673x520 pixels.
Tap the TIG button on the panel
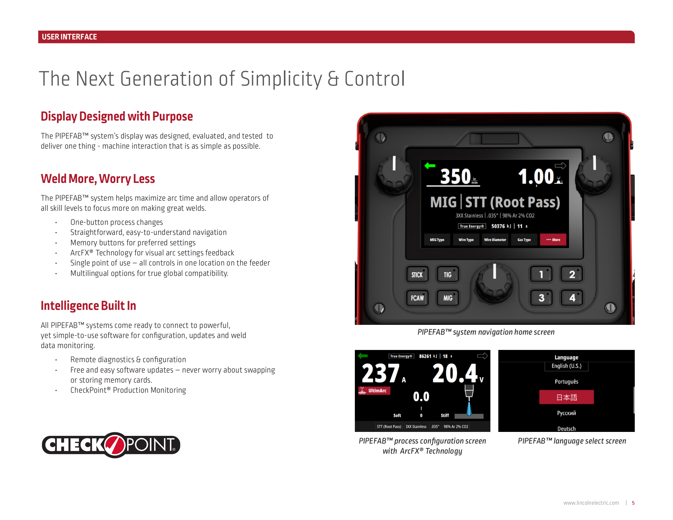[448, 274]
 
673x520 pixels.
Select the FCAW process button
[417, 298]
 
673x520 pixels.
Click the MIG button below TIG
[448, 298]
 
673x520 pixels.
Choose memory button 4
[572, 298]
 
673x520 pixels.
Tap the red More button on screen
[553, 240]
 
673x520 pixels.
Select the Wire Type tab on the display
[466, 240]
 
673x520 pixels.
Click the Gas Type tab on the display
[524, 240]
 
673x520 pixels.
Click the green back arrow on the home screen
[430, 166]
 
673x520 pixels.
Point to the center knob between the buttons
[494, 284]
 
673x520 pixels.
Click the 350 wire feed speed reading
[455, 176]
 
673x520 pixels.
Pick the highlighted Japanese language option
[566, 397]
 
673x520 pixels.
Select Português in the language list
[566, 382]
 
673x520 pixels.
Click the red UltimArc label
[374, 391]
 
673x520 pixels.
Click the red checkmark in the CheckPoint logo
[115, 445]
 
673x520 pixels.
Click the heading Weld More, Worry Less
[98, 179]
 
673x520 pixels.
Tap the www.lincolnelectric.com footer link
[591, 503]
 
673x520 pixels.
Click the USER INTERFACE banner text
[69, 37]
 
